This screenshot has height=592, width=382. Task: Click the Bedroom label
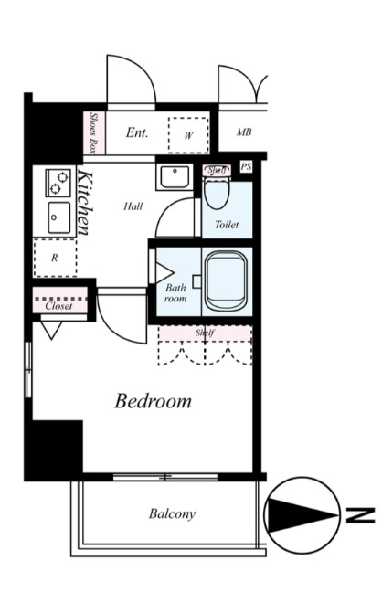tap(153, 401)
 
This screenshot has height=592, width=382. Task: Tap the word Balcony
tap(173, 513)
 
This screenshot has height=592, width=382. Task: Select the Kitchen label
tap(85, 203)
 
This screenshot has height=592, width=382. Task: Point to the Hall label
tap(133, 206)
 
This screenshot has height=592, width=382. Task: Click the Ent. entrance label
tap(137, 132)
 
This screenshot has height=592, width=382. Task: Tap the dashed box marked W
tap(188, 135)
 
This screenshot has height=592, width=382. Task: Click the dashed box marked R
tap(55, 258)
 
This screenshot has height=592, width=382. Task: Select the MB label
tap(244, 132)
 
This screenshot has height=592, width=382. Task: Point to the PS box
tap(247, 166)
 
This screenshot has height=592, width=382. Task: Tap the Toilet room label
tap(227, 225)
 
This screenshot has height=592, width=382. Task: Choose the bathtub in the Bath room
tap(227, 281)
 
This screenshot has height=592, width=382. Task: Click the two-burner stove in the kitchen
tap(58, 183)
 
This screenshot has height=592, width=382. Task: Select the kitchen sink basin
tap(58, 217)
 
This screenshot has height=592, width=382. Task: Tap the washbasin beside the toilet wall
tap(175, 176)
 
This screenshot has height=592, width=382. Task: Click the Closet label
tap(58, 305)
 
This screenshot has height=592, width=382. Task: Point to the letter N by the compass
tap(360, 515)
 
